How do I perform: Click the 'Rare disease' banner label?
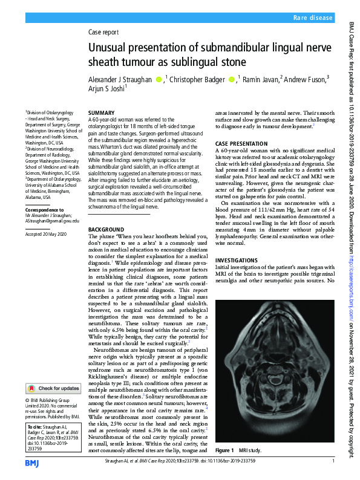(313, 19)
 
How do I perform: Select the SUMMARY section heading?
(101, 113)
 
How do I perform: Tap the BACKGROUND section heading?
(106, 230)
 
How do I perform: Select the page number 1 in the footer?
(333, 461)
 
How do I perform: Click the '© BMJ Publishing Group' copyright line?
(53, 400)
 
